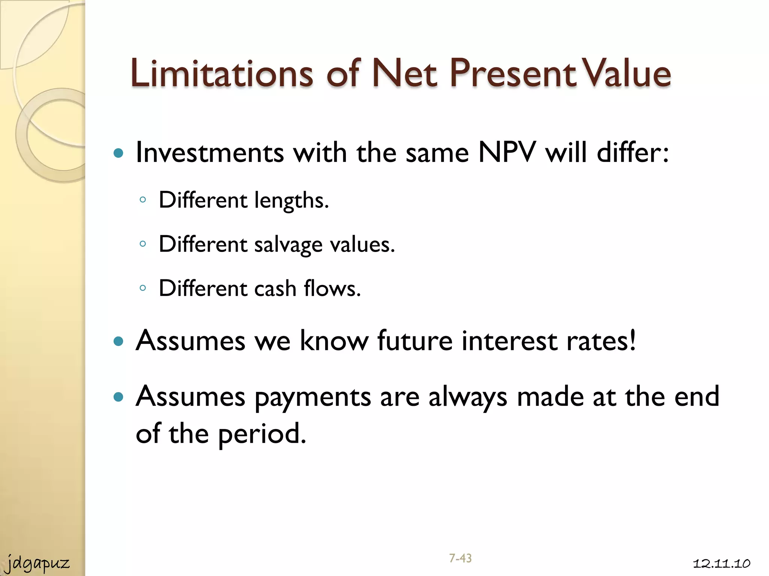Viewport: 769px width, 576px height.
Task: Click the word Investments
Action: click(210, 153)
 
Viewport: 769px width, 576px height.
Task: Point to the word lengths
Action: click(291, 201)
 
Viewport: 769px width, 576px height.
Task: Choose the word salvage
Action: click(288, 245)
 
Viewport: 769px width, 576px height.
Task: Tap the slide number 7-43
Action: click(460, 558)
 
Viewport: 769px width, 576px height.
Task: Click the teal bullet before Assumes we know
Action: click(118, 341)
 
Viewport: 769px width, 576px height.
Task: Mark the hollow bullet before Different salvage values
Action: click(142, 244)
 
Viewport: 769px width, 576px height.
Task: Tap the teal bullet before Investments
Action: click(118, 153)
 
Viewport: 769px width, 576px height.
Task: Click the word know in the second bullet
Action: click(334, 341)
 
